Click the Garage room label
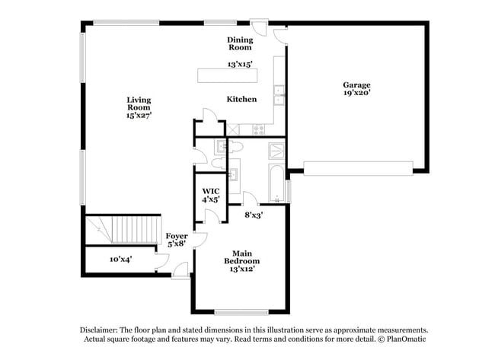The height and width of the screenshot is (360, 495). [356, 84]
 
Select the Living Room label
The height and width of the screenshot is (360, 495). [139, 104]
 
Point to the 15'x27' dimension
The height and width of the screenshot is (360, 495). [139, 116]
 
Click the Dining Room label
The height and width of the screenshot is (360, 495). [239, 43]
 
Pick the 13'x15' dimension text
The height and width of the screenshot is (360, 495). [239, 65]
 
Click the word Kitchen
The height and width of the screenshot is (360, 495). [241, 100]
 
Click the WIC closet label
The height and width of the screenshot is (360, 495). [211, 191]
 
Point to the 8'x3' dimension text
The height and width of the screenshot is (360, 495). [254, 215]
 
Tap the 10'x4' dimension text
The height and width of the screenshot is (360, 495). [120, 260]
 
